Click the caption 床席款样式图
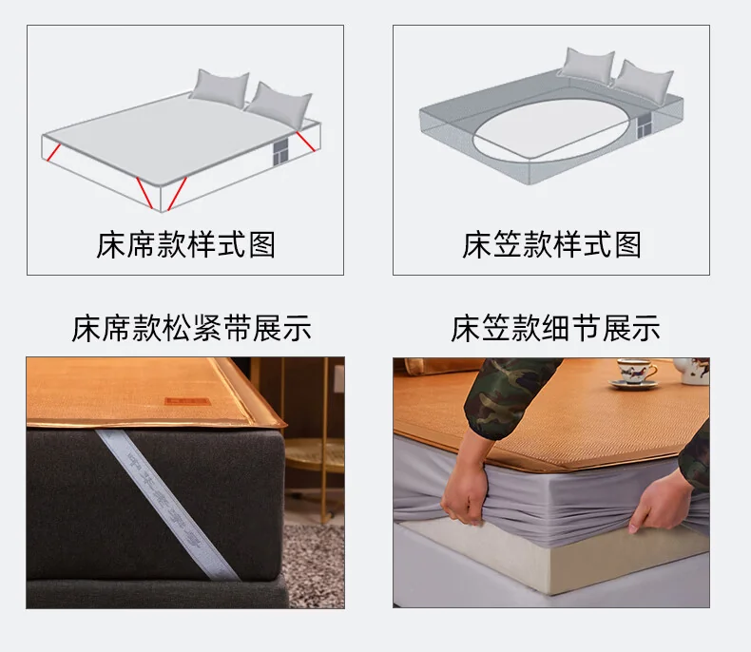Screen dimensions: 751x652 coord(185,245)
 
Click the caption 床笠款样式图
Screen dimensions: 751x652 coord(551,245)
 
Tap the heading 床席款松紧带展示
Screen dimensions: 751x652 coord(192,329)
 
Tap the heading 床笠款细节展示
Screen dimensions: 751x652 coord(555,329)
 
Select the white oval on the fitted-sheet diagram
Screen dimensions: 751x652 coord(550,128)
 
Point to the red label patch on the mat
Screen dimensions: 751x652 coord(187,401)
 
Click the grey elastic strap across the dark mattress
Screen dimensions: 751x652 coord(166,504)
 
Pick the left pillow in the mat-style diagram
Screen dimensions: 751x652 coord(221,88)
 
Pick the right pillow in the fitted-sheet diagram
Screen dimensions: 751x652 coord(645,82)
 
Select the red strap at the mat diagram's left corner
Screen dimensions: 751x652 coord(53,153)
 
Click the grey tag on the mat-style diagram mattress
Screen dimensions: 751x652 coord(280,153)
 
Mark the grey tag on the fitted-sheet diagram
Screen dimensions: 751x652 coord(645,128)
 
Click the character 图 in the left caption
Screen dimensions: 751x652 coord(262,245)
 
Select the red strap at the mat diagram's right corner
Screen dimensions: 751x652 coord(306,143)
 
